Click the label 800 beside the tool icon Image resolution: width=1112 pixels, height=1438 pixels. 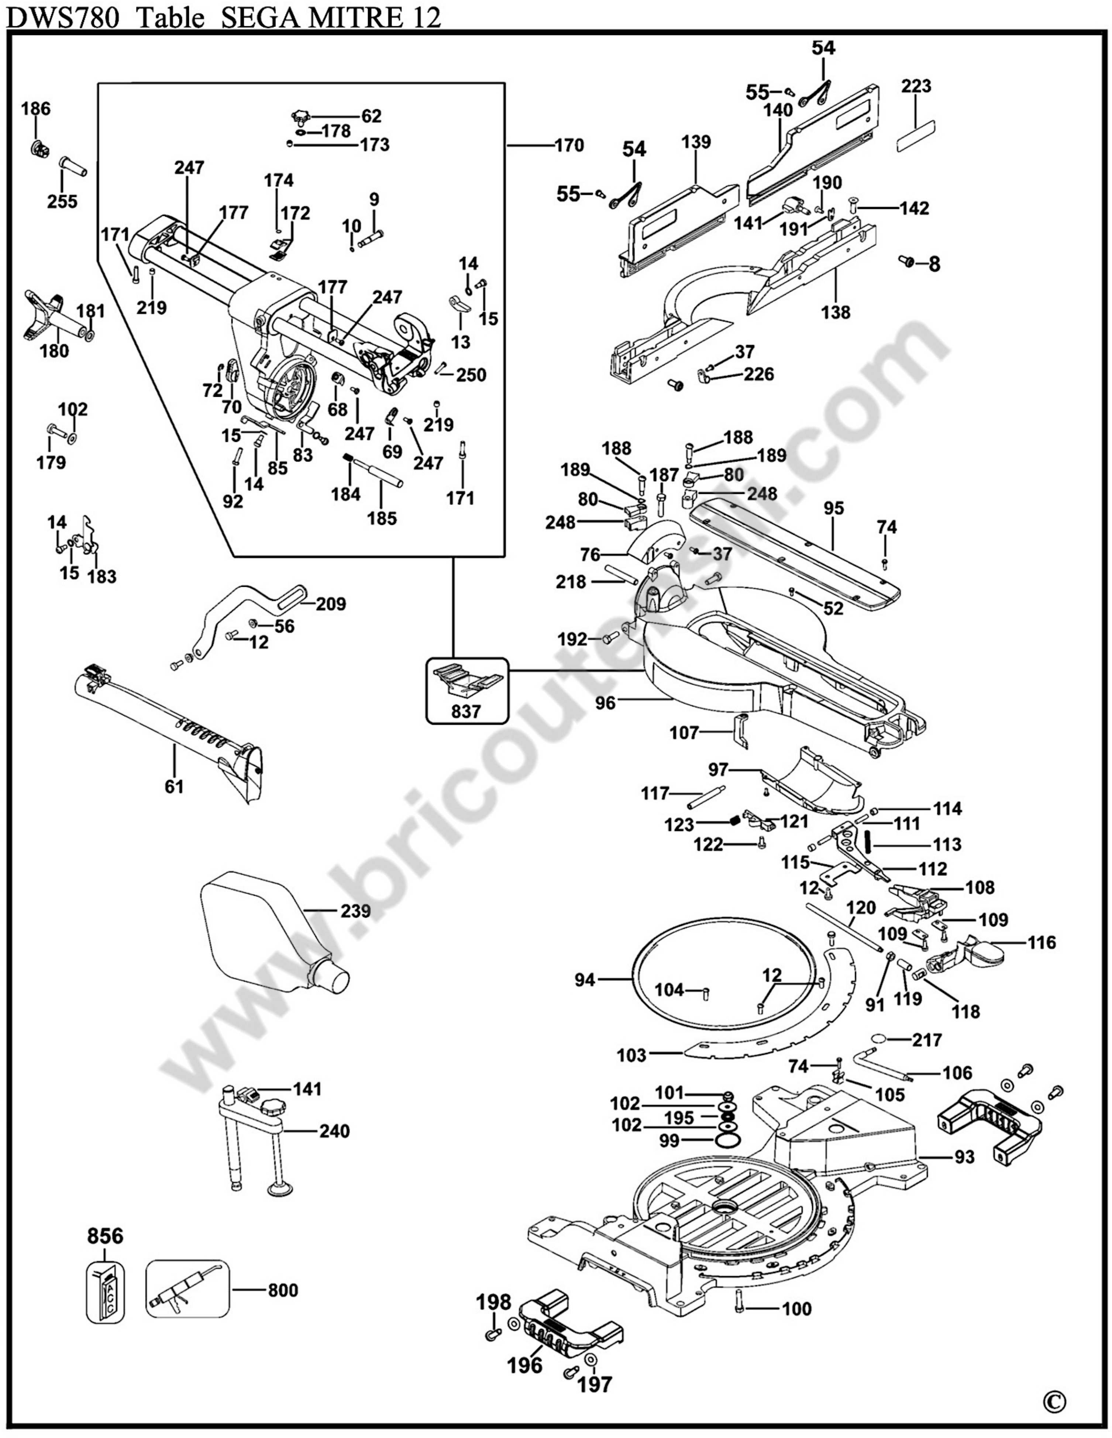283,1290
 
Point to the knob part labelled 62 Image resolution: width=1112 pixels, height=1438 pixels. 302,118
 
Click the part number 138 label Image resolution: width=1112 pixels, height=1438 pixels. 836,312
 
